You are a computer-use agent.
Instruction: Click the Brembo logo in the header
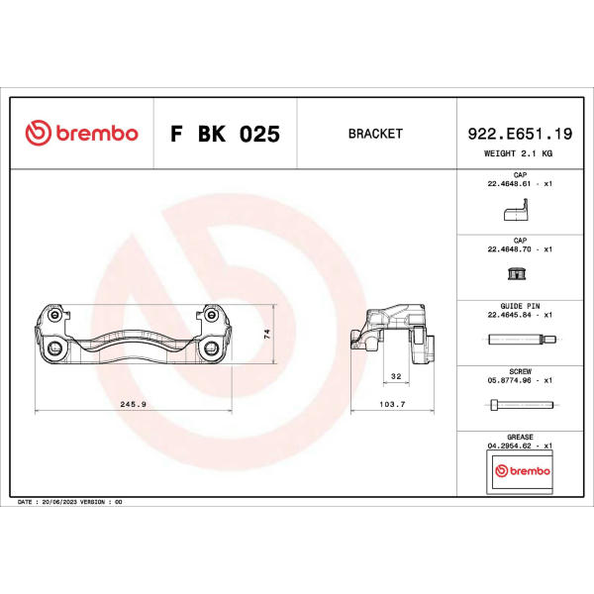81,133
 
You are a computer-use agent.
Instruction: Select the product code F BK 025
225,134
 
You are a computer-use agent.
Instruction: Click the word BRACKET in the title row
375,134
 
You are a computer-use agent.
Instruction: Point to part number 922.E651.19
520,134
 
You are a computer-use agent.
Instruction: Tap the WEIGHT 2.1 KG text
518,153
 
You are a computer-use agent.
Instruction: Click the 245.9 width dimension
133,404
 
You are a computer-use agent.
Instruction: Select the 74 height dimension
267,334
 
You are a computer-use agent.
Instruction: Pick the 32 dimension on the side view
396,376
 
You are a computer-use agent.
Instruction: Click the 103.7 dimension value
392,404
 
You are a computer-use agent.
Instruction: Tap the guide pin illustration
522,339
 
